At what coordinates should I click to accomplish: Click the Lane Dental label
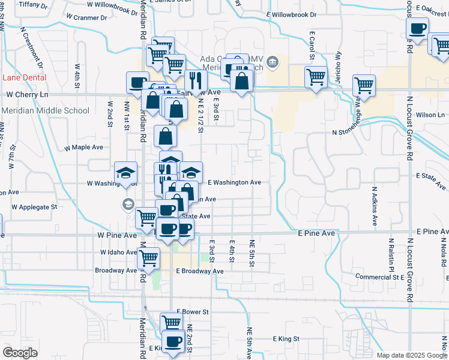pos(25,77)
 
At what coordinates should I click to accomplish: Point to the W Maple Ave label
pos(84,146)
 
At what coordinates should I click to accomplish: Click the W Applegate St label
pos(35,206)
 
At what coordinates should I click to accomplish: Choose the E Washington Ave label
pos(234,182)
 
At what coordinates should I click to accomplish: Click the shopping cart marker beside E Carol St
pos(315,77)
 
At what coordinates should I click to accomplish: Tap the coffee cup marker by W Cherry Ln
pos(138,83)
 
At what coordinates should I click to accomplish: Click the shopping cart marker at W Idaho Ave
pos(148,259)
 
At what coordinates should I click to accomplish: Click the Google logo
pos(20,353)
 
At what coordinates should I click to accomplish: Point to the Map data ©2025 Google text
pos(411,355)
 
